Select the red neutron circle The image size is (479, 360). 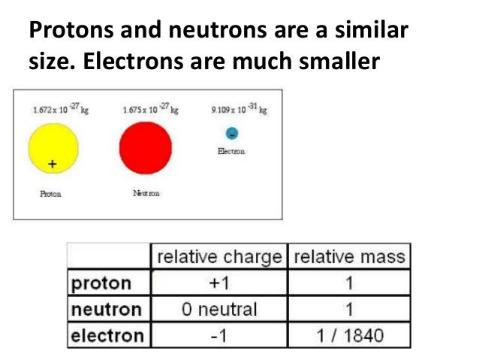[x=145, y=148]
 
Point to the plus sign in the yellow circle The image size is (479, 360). [x=52, y=163]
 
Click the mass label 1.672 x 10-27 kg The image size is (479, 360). [x=53, y=110]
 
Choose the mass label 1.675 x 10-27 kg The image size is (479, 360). [x=150, y=110]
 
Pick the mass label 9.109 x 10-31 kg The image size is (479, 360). [x=239, y=110]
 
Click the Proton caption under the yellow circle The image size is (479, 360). [x=50, y=193]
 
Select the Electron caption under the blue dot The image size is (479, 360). [x=231, y=151]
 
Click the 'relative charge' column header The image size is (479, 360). [x=219, y=257]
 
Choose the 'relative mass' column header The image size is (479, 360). [x=349, y=257]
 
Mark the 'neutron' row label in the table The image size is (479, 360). [x=106, y=309]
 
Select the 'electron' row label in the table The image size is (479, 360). [x=107, y=335]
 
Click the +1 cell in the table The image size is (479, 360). [x=218, y=283]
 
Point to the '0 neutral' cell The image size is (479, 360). [x=218, y=309]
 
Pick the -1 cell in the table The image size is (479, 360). [x=218, y=335]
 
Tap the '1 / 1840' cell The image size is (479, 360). [x=349, y=335]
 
